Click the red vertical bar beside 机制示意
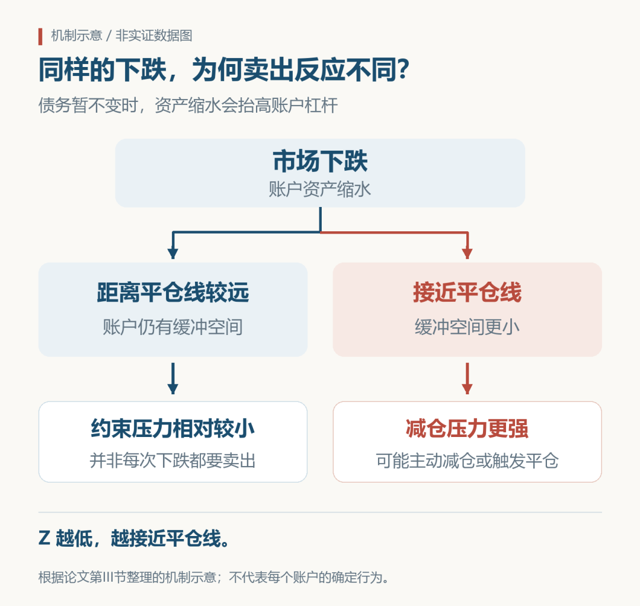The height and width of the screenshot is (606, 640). tap(40, 36)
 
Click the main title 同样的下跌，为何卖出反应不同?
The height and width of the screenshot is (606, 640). tap(224, 70)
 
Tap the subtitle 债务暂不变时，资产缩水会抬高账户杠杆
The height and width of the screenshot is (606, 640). tap(188, 106)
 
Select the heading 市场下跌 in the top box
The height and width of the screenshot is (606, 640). tap(320, 161)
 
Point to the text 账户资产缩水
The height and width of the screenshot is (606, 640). tap(320, 190)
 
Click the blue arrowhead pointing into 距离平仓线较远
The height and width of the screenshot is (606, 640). tap(173, 253)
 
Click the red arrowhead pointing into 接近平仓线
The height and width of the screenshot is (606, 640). tap(468, 253)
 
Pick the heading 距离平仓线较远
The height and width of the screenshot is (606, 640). tap(173, 292)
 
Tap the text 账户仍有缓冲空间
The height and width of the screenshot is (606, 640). tap(173, 327)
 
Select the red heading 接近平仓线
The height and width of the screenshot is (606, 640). tap(468, 292)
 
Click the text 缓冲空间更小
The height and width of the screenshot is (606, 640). tap(468, 327)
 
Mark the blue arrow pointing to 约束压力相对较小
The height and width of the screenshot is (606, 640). tap(173, 378)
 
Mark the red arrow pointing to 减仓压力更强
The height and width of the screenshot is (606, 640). tap(468, 378)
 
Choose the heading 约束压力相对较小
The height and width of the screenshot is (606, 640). tap(173, 429)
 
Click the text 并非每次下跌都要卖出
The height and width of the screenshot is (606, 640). tap(173, 461)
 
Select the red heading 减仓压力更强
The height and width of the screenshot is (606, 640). tap(468, 429)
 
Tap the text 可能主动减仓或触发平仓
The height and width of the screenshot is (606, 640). tap(468, 461)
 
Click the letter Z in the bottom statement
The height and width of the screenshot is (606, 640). tap(44, 538)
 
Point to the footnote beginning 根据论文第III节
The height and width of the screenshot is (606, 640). tap(214, 578)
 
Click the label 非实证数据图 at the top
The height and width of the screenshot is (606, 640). tap(154, 36)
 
